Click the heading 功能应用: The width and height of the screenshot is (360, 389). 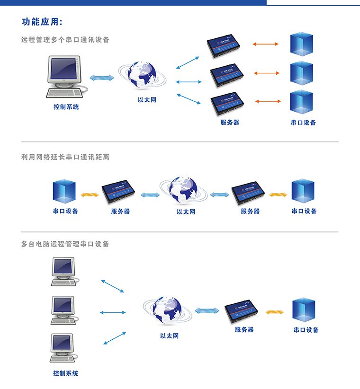click(x=42, y=22)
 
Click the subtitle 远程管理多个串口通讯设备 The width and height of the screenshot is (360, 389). click(x=65, y=40)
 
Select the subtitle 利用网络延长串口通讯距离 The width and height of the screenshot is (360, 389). click(x=65, y=157)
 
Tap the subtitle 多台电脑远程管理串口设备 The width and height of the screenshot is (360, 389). click(x=65, y=244)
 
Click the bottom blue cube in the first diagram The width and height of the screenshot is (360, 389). click(x=301, y=102)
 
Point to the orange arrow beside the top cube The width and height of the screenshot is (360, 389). click(x=265, y=44)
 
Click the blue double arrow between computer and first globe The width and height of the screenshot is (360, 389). click(x=102, y=78)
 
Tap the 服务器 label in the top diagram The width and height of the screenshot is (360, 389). click(x=230, y=123)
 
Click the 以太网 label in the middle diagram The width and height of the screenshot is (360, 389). click(x=186, y=212)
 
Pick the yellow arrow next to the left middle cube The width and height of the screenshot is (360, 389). click(x=89, y=194)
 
